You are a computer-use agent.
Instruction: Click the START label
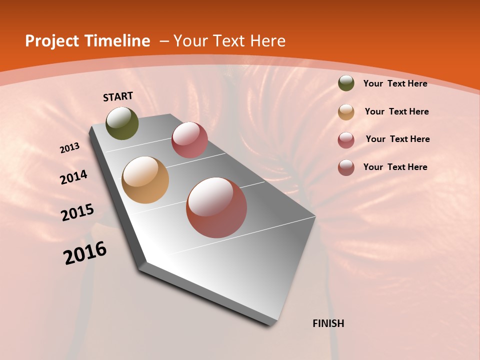pos(118,96)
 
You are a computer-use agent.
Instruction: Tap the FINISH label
pos(328,323)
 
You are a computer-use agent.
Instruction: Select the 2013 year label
pos(70,148)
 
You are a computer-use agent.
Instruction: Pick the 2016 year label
pos(85,253)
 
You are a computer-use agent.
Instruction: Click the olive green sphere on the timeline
pos(122,123)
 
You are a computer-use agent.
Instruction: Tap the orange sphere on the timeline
pos(145,180)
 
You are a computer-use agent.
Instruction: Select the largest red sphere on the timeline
pos(216,207)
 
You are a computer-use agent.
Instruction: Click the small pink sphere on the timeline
pos(189,139)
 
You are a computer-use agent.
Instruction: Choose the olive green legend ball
pos(346,83)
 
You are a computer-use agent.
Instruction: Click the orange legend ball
pos(346,112)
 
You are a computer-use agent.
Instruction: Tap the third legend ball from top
pos(346,140)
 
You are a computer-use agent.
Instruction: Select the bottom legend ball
pos(346,167)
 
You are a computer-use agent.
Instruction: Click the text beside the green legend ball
pos(395,83)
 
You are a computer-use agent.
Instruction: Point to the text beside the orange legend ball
pos(396,111)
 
